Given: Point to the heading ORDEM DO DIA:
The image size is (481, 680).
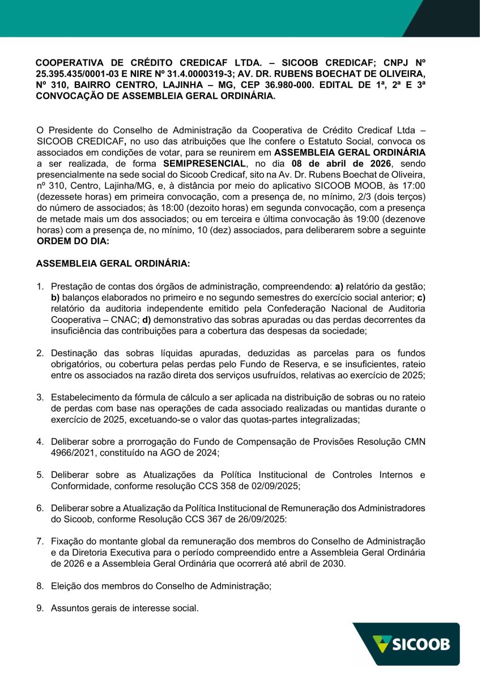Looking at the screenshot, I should click(x=73, y=241).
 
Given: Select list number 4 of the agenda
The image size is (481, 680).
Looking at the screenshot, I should click(x=40, y=441).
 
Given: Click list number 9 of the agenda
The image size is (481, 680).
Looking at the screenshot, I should click(x=40, y=609).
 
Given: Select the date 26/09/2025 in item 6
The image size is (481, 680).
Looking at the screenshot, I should click(x=263, y=519).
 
